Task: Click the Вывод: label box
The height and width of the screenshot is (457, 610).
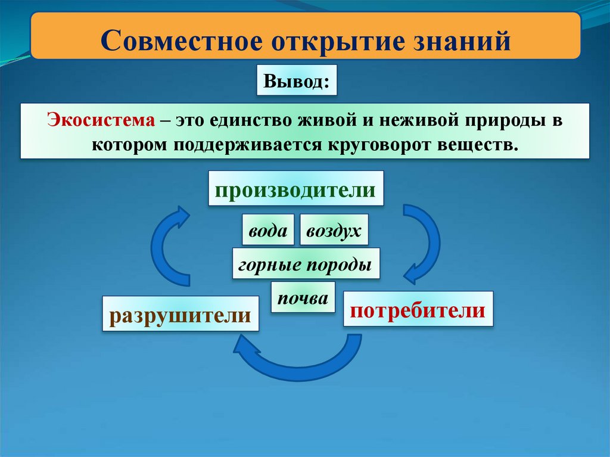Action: tap(297, 80)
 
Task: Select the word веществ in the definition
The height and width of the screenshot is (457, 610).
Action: tap(481, 145)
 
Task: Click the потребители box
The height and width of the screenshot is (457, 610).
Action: tap(418, 309)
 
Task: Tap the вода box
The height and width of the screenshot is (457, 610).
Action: tap(267, 230)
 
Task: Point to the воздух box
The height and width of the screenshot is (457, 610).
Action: tap(334, 230)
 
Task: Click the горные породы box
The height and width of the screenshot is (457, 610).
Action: tap(306, 263)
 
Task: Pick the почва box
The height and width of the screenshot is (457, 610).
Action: tap(303, 297)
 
